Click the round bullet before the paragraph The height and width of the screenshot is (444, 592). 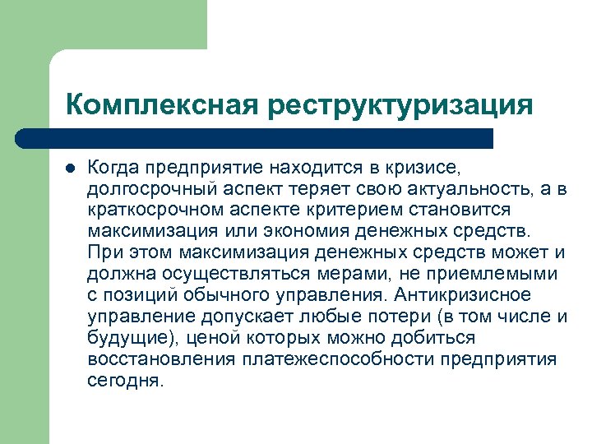tap(70, 169)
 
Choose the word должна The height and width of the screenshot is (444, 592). tap(118, 274)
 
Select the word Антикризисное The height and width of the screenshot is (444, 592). tap(462, 295)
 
